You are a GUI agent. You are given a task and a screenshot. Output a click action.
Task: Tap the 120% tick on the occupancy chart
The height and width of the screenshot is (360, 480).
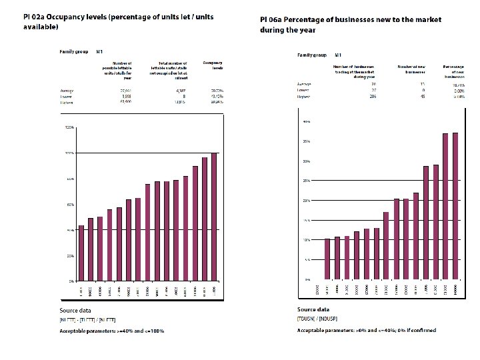pyautogui.click(x=69, y=127)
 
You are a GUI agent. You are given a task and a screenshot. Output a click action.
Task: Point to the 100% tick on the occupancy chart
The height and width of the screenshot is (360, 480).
pyautogui.click(x=69, y=153)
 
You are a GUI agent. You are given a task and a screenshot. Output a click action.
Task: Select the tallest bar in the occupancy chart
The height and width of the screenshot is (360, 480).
pyautogui.click(x=214, y=217)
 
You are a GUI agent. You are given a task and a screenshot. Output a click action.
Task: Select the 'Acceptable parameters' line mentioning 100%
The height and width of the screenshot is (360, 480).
pyautogui.click(x=112, y=331)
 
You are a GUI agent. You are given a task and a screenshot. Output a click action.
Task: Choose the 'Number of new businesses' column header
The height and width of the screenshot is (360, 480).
pyautogui.click(x=407, y=69)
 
